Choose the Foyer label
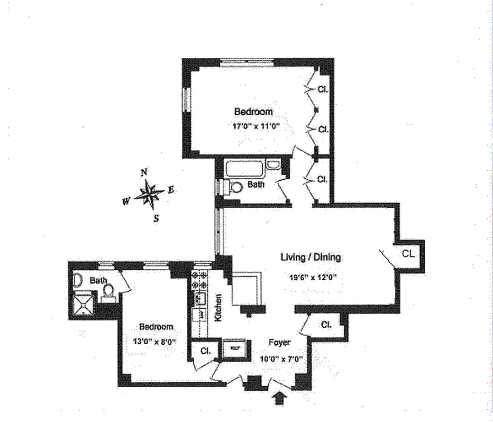click(279, 343)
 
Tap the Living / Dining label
click(311, 258)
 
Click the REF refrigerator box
click(233, 349)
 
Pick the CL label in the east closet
click(408, 253)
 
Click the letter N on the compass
click(143, 172)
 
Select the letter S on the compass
click(156, 217)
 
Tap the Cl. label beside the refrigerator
click(205, 351)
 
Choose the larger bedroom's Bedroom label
click(253, 112)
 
